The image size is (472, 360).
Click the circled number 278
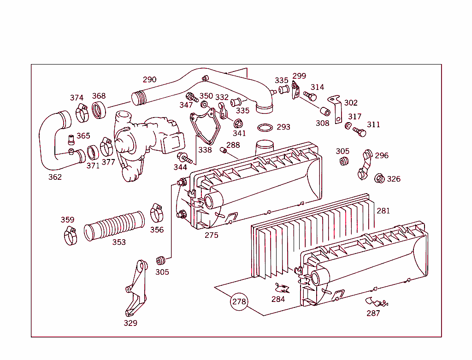[239, 302]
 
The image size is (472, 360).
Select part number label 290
[149, 79]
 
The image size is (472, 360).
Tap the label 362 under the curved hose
[55, 177]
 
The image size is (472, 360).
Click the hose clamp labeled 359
[70, 236]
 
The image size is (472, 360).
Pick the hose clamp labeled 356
[157, 212]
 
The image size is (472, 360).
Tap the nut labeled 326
[380, 179]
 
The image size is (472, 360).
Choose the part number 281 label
[383, 211]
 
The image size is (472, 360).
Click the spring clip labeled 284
[282, 289]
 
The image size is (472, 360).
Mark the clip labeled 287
[376, 302]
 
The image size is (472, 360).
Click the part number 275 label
[211, 235]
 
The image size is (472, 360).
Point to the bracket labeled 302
[336, 109]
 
